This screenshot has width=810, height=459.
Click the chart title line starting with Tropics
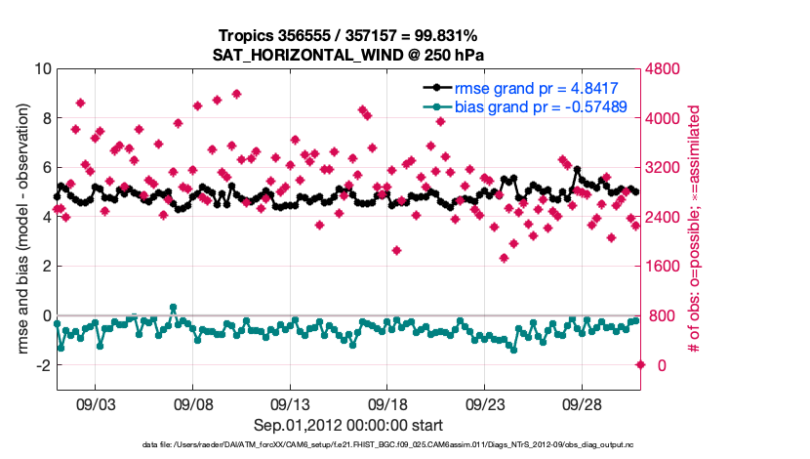[348, 36]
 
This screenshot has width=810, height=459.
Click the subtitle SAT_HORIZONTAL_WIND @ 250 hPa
[348, 55]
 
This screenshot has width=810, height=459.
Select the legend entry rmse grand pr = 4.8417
[538, 87]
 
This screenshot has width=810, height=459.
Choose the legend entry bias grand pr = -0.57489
[541, 106]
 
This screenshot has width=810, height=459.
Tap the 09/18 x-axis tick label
[387, 403]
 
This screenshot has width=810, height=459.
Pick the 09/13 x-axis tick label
[290, 403]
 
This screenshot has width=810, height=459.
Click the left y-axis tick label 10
[42, 69]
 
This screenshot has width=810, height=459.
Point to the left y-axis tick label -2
[42, 365]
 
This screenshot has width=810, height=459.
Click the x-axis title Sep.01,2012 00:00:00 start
[348, 426]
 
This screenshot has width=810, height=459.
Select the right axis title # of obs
[695, 217]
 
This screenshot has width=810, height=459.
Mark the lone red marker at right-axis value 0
[640, 365]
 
